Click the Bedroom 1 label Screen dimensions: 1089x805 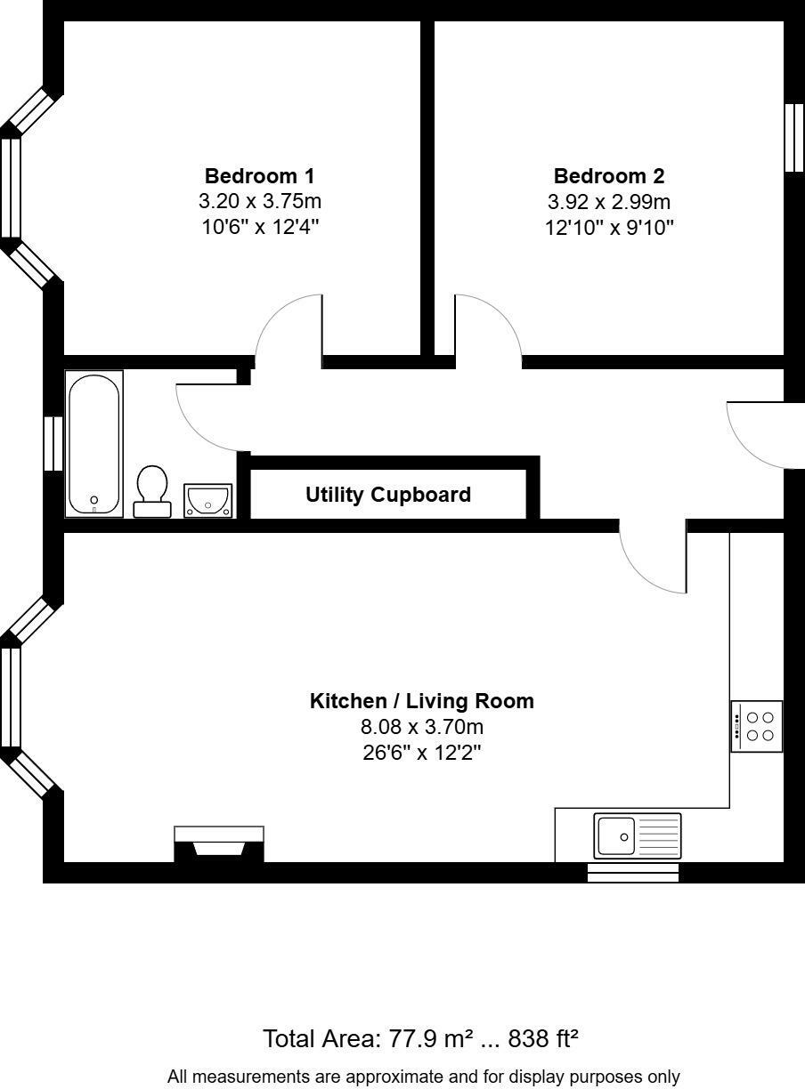click(x=259, y=175)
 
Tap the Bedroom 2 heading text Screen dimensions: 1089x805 click(x=608, y=175)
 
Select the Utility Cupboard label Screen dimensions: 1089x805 click(x=388, y=495)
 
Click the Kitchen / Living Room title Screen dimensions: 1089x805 click(x=421, y=701)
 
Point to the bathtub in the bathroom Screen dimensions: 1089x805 click(x=94, y=443)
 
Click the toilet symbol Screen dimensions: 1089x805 click(x=152, y=490)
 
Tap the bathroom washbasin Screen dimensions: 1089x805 click(x=207, y=500)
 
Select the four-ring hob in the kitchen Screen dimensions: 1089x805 click(x=757, y=726)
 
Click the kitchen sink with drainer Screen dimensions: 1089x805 click(x=637, y=835)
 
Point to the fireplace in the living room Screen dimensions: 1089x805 click(x=219, y=843)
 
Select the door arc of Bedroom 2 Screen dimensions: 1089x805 click(x=486, y=329)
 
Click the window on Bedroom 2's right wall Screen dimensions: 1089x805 click(x=794, y=138)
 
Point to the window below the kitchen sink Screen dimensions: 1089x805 click(x=633, y=872)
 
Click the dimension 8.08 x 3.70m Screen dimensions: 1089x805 click(x=421, y=728)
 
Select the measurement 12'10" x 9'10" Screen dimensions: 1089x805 click(x=608, y=227)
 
